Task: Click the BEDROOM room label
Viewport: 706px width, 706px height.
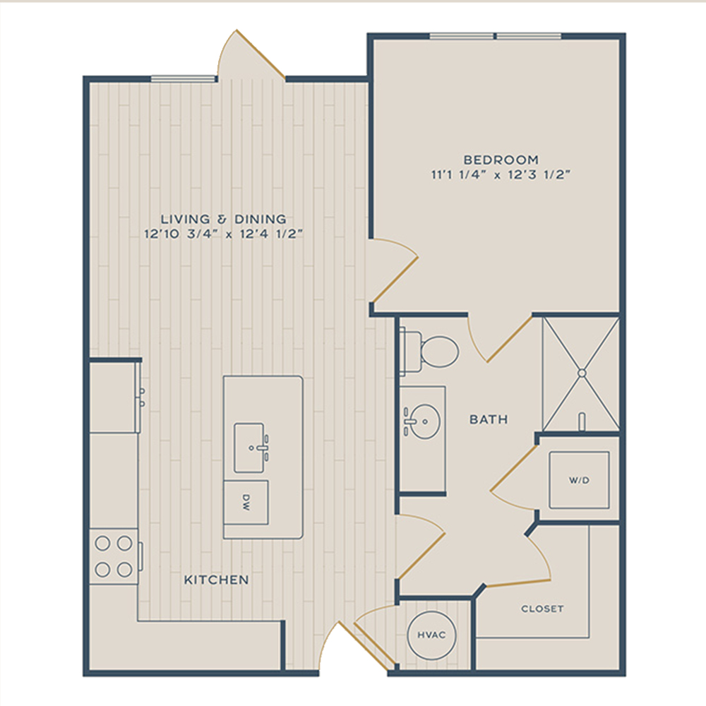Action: coord(501,160)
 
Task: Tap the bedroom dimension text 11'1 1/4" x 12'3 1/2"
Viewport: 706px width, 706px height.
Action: coord(501,174)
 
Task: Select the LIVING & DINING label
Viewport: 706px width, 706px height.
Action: coord(223,220)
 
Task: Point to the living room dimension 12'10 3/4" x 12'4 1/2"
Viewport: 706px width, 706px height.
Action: coord(223,234)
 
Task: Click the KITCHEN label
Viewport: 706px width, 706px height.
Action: coord(217,580)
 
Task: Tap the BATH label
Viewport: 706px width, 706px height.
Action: coord(489,419)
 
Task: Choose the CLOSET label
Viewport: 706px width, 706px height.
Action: coord(542,609)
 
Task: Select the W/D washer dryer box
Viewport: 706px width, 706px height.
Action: coord(579,480)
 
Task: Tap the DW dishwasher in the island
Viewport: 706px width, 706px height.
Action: coord(246,503)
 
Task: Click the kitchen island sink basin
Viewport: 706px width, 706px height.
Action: coord(249,448)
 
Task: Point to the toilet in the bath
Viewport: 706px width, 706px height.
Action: coord(429,351)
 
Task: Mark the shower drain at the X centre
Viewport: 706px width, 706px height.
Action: coord(581,373)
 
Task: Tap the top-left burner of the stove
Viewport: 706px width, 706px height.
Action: coord(102,544)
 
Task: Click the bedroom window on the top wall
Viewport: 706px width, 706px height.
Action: coord(496,36)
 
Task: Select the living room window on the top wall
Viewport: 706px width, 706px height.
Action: coord(183,79)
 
